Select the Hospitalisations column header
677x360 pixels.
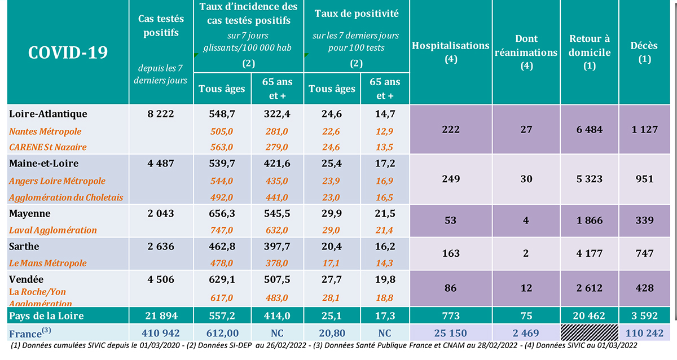pos(450,51)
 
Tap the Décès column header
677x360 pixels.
pos(644,51)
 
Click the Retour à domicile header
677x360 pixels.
pos(590,52)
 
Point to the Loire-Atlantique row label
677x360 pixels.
pos(49,114)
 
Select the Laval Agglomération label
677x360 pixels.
pos(53,230)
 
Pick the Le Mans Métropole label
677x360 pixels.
pos(48,263)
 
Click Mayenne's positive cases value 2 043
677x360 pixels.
pos(161,214)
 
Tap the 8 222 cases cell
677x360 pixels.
pos(161,114)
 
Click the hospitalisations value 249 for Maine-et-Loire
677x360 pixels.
pos(451,179)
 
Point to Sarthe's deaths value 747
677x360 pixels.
pos(644,254)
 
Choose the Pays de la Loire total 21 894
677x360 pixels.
pos(161,316)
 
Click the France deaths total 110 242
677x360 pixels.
pos(644,333)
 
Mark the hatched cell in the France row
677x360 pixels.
pos(590,332)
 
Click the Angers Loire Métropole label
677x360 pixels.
pos(58,181)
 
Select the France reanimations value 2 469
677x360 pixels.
pos(526,333)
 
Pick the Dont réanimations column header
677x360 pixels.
pos(526,51)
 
